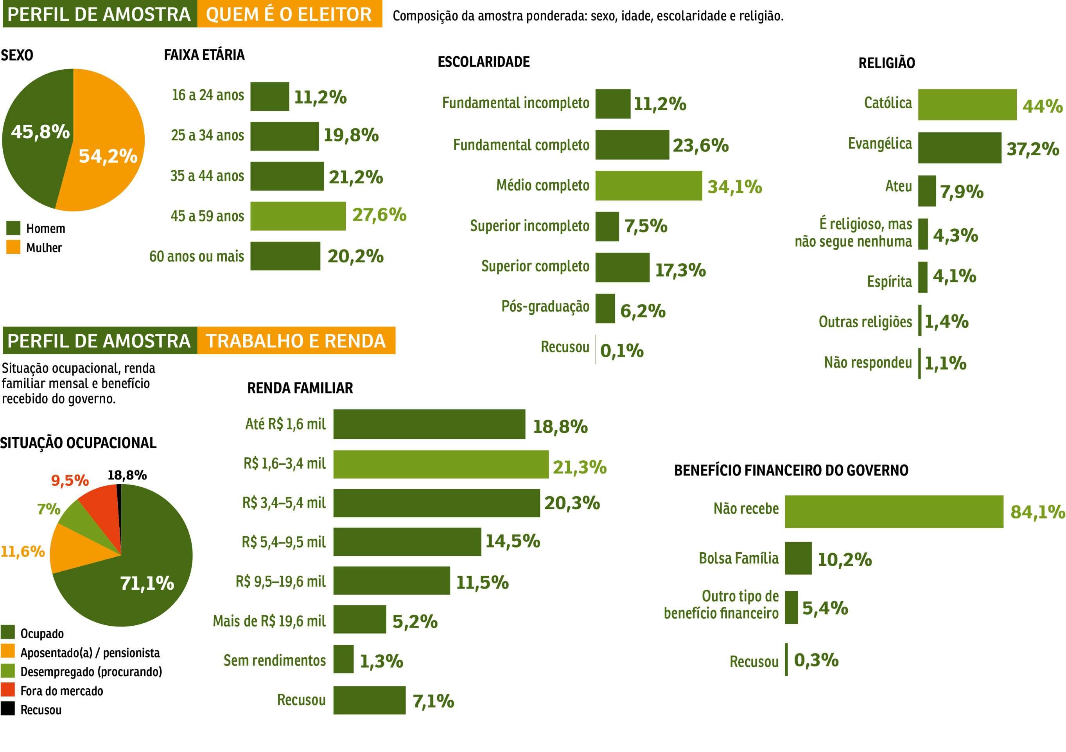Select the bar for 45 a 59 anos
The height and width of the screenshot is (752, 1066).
(x=298, y=216)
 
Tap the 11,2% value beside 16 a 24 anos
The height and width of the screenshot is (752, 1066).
(x=320, y=97)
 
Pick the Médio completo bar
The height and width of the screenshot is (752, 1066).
(x=649, y=186)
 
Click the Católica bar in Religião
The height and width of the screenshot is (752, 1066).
(x=967, y=104)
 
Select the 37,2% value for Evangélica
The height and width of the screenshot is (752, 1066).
(x=1033, y=149)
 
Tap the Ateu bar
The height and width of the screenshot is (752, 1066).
(x=927, y=191)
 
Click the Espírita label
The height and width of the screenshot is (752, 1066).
(x=889, y=281)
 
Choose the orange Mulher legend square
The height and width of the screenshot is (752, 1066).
(x=13, y=247)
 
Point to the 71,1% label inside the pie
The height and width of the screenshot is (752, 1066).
(x=147, y=583)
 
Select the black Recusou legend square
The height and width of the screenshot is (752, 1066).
(x=8, y=709)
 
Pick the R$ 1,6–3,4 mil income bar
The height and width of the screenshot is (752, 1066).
(x=441, y=464)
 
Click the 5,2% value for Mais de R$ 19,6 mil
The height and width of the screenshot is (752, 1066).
(x=415, y=621)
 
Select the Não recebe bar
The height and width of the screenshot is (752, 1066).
(x=894, y=512)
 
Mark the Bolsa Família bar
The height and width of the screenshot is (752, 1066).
(x=799, y=558)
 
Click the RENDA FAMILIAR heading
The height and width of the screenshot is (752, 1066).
(x=300, y=388)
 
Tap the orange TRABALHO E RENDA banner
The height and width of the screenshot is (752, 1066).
(x=296, y=341)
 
